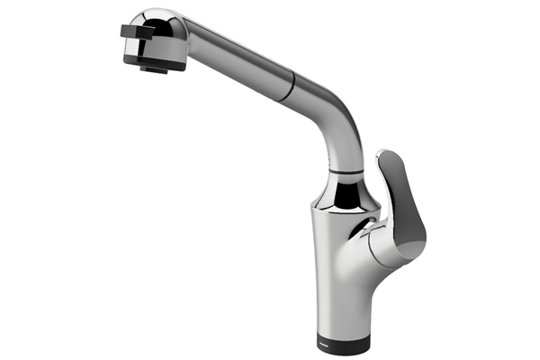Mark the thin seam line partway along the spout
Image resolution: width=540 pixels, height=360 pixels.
[x=285, y=88]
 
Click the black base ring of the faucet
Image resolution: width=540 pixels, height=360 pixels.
[x=349, y=341]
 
